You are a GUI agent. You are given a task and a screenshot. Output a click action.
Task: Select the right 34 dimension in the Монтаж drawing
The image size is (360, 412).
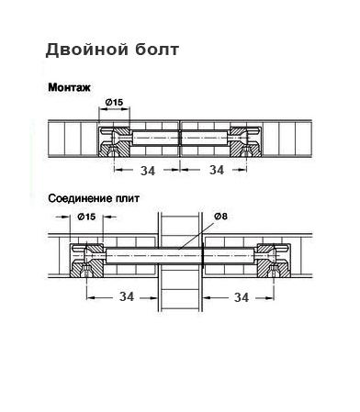coord(217,170)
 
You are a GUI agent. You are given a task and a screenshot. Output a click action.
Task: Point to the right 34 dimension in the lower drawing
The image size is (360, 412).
coord(241,296)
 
